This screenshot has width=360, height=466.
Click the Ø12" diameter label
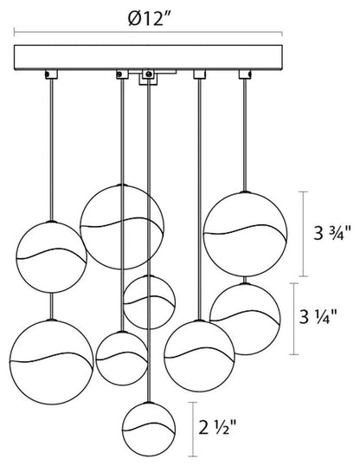click(x=150, y=18)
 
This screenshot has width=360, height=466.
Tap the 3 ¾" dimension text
click(x=332, y=233)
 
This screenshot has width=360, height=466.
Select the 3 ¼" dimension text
click(x=318, y=317)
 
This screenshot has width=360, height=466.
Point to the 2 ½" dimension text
click(x=217, y=428)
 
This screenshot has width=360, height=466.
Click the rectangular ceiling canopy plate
click(x=148, y=58)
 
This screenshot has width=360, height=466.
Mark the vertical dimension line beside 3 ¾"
click(x=303, y=234)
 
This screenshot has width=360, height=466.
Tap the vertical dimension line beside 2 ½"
click(x=193, y=429)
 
